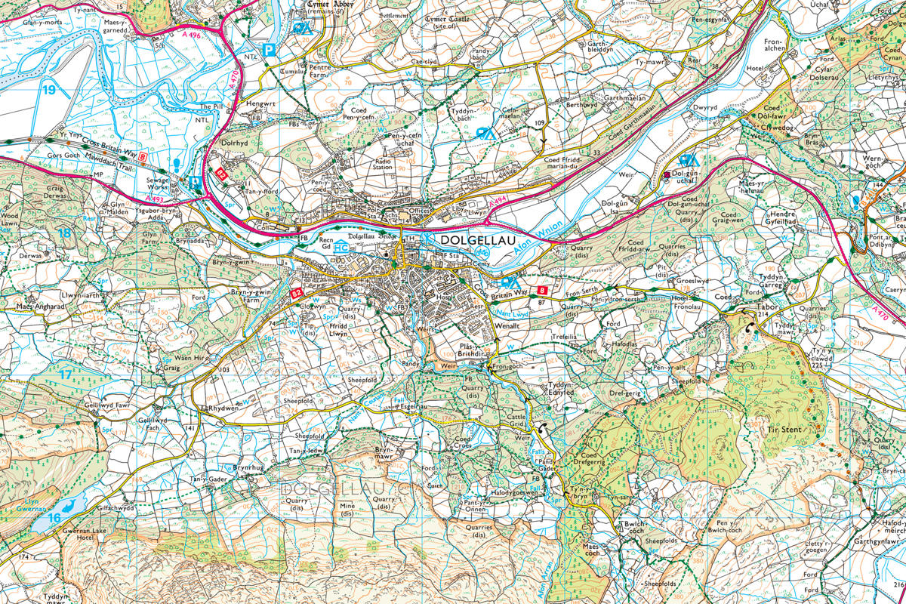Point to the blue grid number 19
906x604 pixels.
pos(49,89)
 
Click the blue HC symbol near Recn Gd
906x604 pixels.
pos(341,247)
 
